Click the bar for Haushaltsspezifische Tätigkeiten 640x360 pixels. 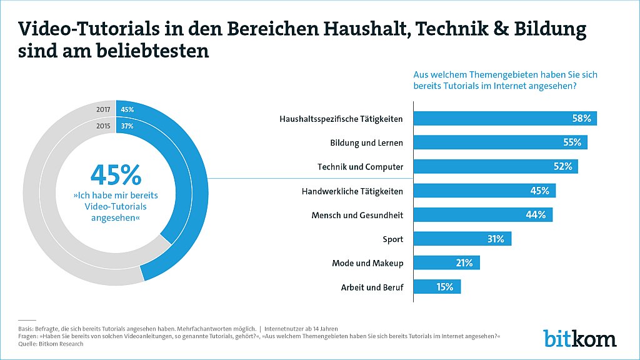point(505,118)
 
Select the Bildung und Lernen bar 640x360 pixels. point(501,142)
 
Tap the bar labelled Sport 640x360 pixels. point(462,239)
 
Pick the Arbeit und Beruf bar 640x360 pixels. point(437,286)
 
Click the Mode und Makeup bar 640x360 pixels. point(446,263)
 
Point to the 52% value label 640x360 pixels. point(563,166)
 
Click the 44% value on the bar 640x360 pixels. point(536,215)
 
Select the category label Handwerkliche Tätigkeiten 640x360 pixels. point(352,191)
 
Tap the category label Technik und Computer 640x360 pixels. point(361,167)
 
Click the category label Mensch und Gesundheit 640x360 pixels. point(357,215)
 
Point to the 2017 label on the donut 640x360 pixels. point(103,109)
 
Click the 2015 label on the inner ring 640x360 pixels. point(103,126)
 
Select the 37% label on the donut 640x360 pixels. point(127,126)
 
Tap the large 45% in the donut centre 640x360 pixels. point(116,175)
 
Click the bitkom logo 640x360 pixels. point(579,338)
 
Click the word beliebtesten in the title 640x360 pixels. point(152,51)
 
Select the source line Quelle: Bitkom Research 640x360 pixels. point(51,344)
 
